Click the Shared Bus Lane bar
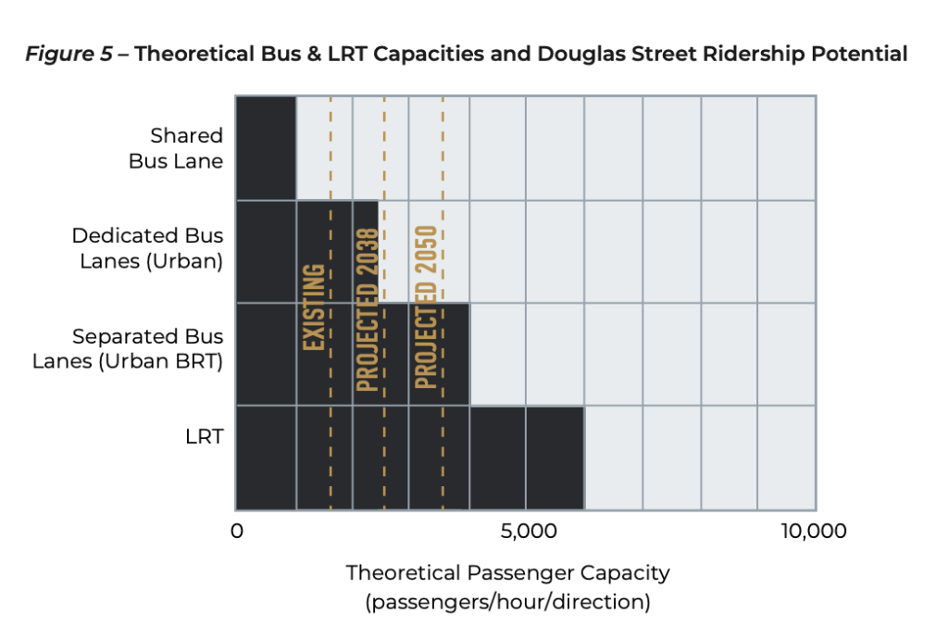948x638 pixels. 266,148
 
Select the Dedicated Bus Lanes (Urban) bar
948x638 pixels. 306,251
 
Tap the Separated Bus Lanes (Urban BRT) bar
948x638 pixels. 352,354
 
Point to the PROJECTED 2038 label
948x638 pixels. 368,308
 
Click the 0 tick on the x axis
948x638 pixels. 236,532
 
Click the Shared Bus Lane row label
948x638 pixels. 187,148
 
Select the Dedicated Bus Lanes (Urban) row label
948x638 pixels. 148,248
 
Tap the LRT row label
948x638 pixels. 205,436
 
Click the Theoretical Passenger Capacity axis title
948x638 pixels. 507,572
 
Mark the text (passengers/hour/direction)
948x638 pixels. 507,602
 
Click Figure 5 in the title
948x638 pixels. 66,55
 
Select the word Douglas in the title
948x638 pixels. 583,55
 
